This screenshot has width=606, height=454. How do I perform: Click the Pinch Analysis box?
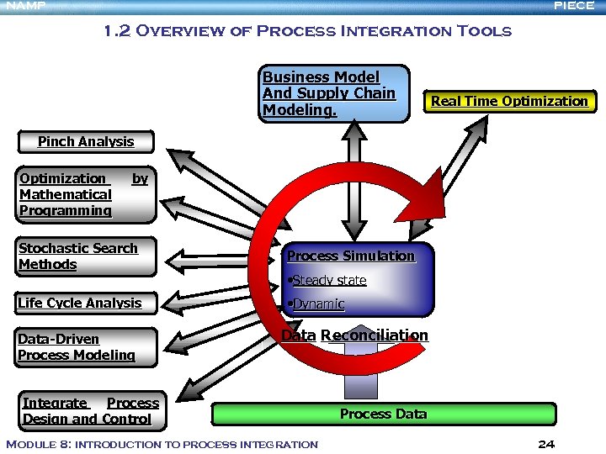[86, 142]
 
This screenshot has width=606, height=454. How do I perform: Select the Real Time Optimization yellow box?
[509, 102]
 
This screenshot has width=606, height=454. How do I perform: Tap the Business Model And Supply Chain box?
[335, 93]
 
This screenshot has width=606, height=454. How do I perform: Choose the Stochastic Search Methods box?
[87, 256]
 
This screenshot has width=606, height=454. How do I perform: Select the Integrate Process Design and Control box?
[90, 411]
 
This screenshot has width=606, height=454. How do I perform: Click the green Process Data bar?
[383, 414]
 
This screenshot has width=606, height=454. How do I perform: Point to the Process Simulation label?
[351, 256]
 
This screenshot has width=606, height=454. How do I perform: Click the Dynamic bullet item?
[316, 304]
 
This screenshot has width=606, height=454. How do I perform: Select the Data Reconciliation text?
[354, 335]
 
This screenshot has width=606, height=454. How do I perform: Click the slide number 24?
[545, 444]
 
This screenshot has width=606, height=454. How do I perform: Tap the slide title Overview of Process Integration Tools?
[306, 32]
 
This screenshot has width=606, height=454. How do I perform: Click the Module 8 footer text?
[162, 444]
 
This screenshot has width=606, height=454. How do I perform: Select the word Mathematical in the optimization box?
[66, 195]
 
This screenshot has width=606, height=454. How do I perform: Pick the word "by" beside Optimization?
[140, 179]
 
